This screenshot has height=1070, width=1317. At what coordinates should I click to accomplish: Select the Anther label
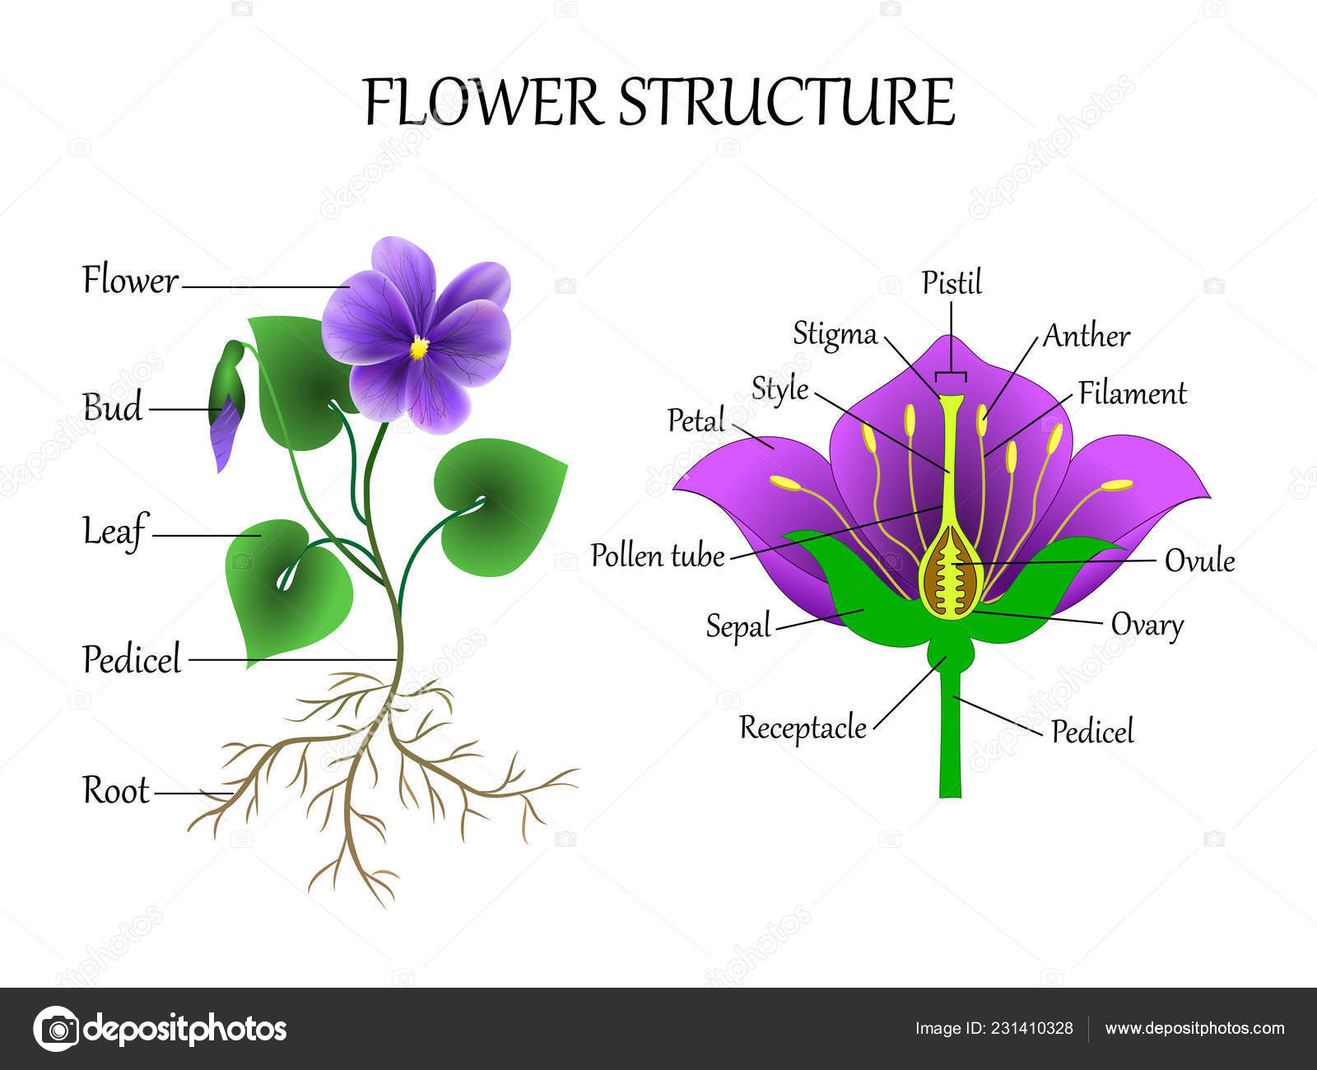(x=1087, y=337)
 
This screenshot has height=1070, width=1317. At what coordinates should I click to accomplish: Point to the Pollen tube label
(x=657, y=555)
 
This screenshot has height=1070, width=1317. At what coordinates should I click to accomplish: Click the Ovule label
(x=1199, y=561)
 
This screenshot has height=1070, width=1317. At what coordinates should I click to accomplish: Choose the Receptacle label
(x=803, y=728)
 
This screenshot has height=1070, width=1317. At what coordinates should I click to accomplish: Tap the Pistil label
(x=952, y=282)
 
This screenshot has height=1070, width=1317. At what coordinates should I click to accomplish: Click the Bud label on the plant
(x=112, y=407)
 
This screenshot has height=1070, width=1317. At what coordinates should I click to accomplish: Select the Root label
(x=115, y=791)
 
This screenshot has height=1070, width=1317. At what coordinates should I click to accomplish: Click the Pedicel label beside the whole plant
(x=132, y=659)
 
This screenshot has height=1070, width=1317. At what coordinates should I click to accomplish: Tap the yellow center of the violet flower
(x=419, y=347)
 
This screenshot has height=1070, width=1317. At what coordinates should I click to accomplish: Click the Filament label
(x=1132, y=393)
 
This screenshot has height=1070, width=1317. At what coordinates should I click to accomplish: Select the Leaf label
(x=115, y=531)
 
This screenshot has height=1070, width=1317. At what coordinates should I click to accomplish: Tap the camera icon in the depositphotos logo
(x=57, y=1029)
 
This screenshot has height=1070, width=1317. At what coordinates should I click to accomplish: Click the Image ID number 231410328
(x=1032, y=1029)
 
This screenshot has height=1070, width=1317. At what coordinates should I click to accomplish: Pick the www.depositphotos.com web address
(x=1194, y=1029)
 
